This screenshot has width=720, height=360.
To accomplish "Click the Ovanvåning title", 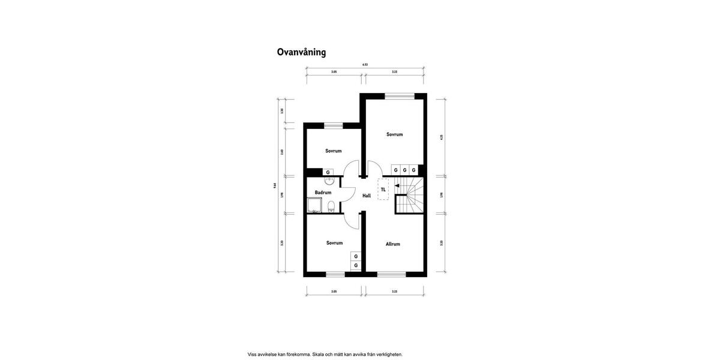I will point(301,52).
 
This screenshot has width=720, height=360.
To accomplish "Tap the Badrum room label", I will point(323,193).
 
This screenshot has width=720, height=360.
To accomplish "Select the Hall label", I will point(367,196).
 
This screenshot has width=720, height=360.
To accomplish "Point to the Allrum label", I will point(393,244).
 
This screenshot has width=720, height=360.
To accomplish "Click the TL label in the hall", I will point(383,190).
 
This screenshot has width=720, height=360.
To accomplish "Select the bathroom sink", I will point(329,181).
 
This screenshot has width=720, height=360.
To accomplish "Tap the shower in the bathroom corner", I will point(314,205).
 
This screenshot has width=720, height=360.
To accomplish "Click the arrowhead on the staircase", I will point(397,186).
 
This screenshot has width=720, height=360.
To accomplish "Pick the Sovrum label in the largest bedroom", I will point(395,134).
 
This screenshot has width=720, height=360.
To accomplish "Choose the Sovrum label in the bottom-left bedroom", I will point(335,243).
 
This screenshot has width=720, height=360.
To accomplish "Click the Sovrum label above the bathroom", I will point(334,151).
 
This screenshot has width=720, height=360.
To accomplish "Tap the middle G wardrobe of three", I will point(405,170).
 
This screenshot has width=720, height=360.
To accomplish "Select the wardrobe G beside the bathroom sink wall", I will point(328,172).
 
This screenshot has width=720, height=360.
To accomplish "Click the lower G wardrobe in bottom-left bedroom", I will point(356,265).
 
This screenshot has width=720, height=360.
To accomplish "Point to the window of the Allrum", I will point(392,274).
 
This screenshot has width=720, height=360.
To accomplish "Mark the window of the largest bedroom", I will point(400,95).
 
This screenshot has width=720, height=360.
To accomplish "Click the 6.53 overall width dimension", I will point(365,64).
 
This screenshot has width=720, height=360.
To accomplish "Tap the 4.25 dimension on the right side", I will point(441,137).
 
